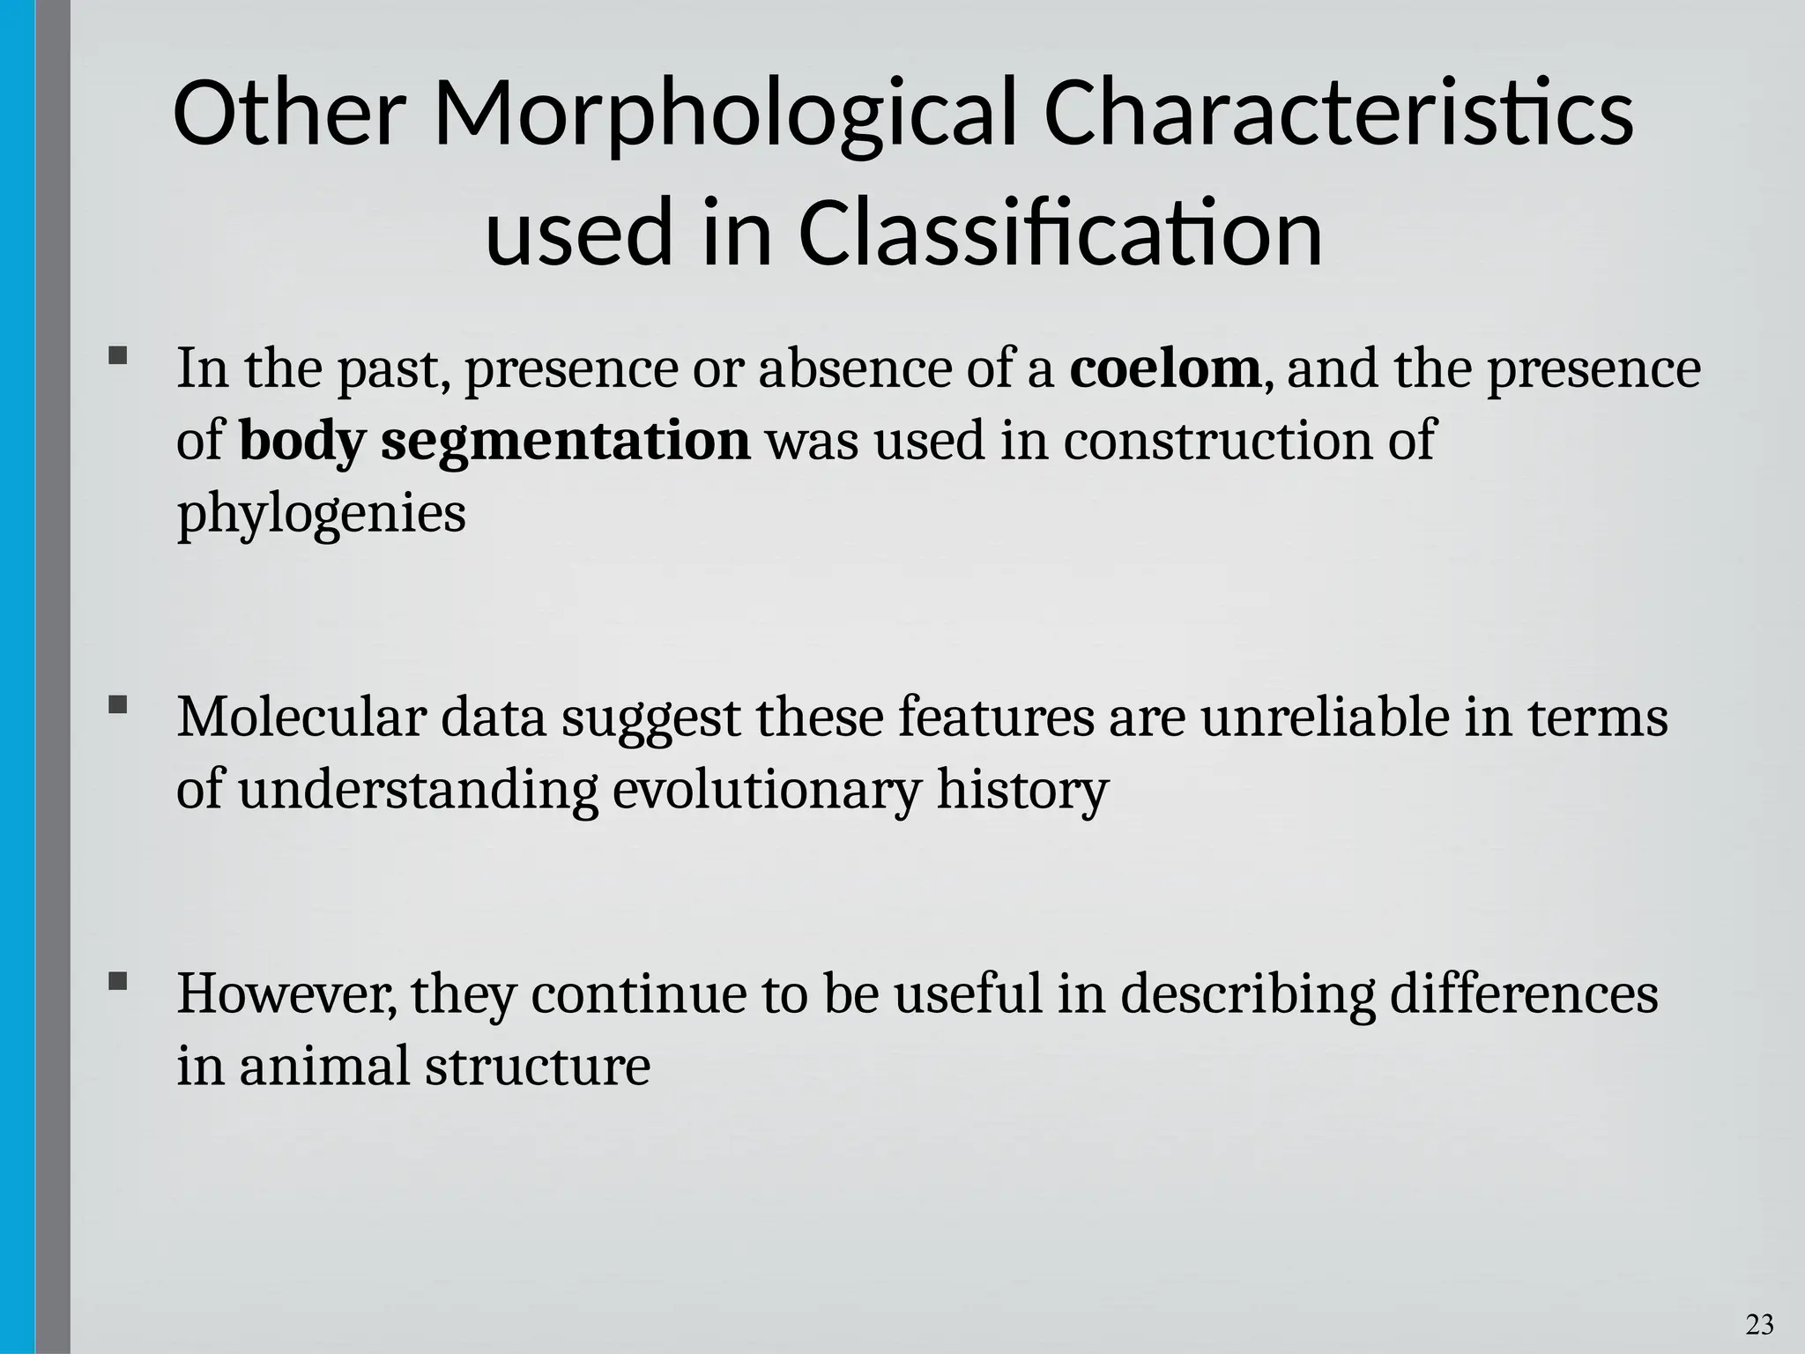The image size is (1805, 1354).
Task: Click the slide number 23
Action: [1760, 1324]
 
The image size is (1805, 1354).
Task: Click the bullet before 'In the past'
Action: [117, 356]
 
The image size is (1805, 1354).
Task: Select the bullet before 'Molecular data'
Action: [117, 705]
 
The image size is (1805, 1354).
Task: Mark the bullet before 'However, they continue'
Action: [117, 981]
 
